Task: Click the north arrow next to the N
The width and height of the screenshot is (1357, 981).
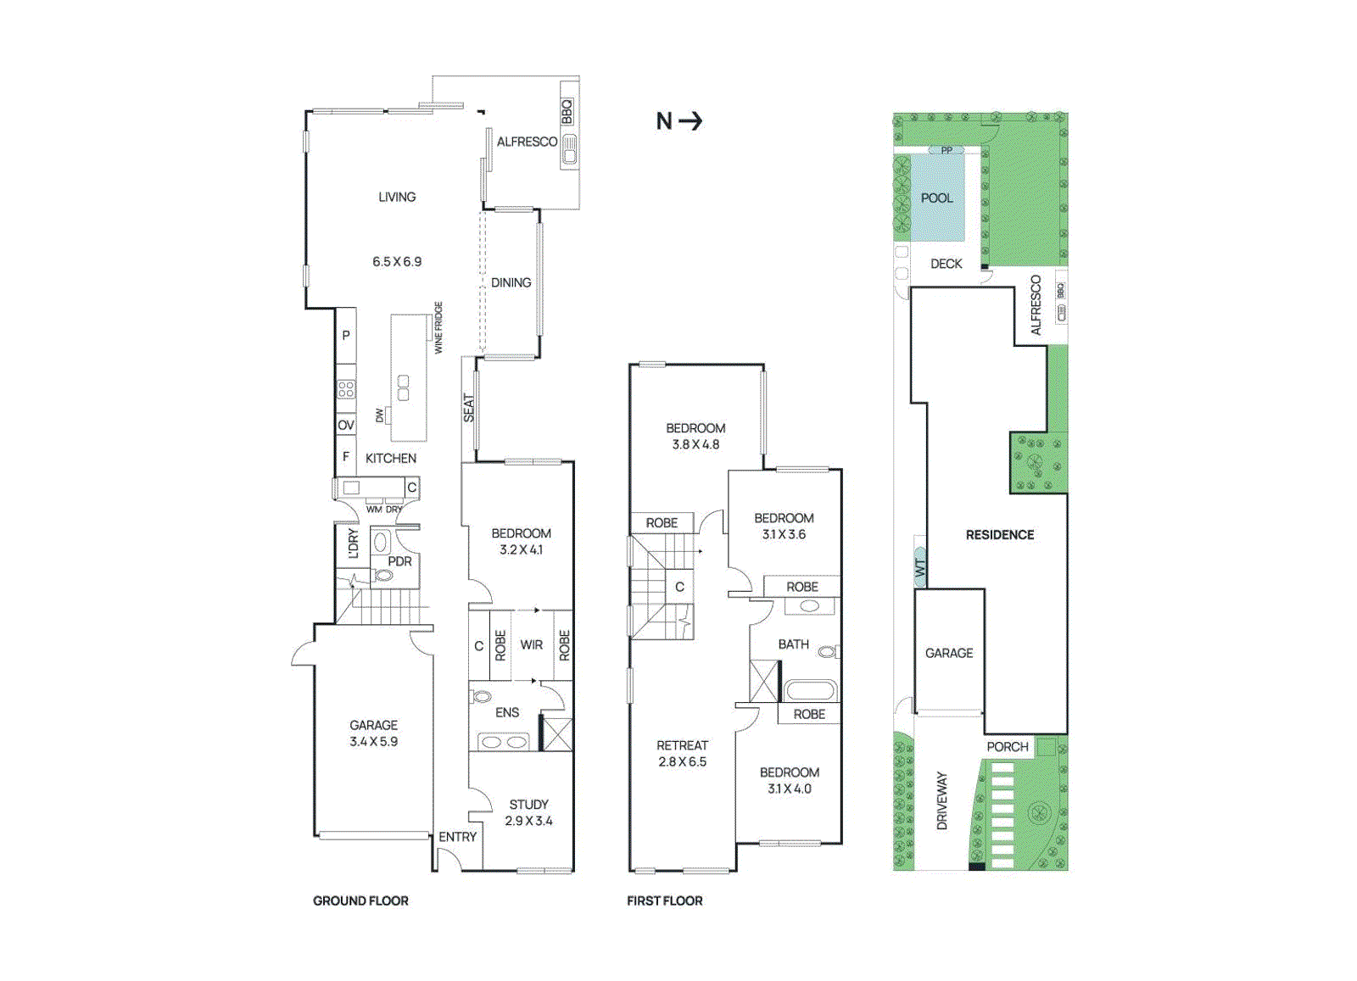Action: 691,120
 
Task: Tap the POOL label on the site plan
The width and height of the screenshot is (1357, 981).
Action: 936,198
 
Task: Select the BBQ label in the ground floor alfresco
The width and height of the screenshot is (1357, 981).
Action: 567,111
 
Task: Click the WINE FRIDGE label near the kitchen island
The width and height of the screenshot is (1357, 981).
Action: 438,327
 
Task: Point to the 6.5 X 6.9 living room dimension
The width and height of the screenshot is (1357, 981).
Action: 397,261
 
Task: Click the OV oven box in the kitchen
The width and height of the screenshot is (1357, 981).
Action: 346,425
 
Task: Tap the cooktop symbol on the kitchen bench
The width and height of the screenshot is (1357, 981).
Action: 346,389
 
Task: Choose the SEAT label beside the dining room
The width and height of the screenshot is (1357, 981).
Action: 469,408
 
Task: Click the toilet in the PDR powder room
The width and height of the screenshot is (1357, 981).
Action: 384,576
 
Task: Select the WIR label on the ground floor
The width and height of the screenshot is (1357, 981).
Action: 532,644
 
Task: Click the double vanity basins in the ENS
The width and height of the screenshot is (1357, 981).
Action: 504,742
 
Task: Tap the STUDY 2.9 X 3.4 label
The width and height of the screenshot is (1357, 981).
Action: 528,812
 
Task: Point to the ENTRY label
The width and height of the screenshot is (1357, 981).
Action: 457,836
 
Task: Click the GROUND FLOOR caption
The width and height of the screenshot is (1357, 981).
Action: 360,900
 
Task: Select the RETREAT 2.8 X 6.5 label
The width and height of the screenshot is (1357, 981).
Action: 682,753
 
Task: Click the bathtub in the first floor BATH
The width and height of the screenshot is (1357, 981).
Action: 810,690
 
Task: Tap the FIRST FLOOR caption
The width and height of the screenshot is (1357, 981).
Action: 664,900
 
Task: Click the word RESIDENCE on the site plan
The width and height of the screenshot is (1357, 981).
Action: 1000,534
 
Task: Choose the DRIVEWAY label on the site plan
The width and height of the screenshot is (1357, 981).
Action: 941,800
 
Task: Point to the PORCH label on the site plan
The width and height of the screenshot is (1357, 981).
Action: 1007,746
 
